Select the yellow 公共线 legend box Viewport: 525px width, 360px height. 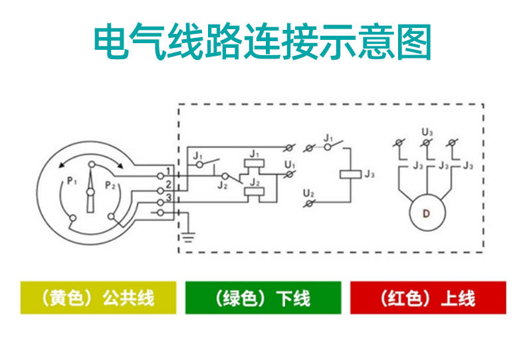[x=98, y=298]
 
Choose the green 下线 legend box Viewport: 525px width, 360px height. [x=262, y=298]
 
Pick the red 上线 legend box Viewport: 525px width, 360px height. [x=428, y=298]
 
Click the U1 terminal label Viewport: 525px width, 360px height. [x=289, y=164]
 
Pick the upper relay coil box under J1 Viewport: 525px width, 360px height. [x=253, y=164]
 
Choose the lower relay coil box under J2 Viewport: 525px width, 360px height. [x=253, y=193]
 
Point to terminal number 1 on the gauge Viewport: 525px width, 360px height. [x=169, y=172]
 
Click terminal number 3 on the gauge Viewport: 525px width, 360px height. [x=169, y=198]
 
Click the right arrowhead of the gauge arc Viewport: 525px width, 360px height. [x=123, y=166]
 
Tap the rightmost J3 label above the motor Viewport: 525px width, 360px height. [x=468, y=165]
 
